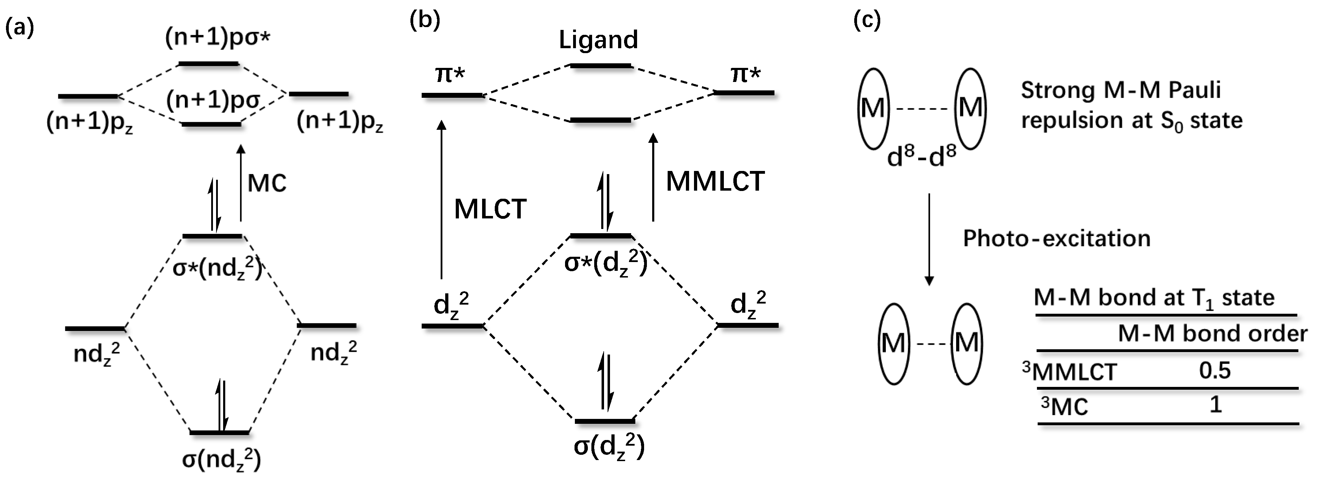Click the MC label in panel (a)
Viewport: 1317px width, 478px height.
267,183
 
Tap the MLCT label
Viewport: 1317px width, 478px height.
490,209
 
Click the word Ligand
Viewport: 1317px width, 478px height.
598,40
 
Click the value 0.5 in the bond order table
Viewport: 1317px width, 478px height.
1215,370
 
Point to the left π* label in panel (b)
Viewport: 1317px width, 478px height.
450,75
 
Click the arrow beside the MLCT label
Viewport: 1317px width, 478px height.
442,199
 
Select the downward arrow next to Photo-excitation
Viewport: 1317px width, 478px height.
929,239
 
